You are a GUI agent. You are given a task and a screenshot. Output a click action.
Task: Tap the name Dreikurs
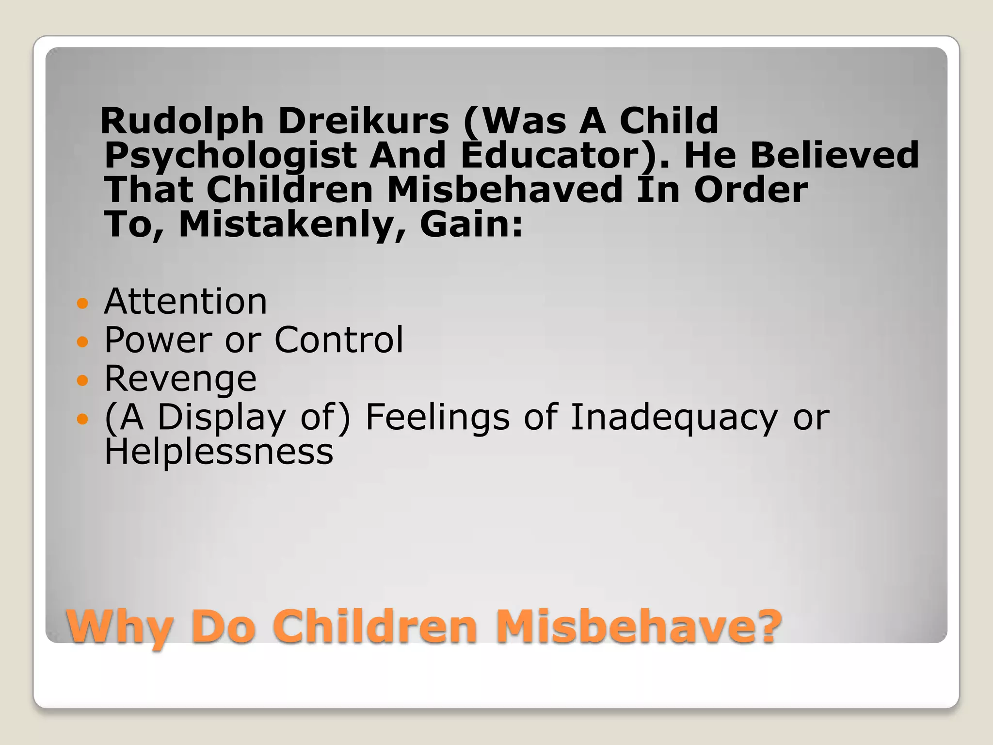364,121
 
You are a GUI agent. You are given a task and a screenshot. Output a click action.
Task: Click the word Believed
834,155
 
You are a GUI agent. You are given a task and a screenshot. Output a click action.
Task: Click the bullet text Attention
186,302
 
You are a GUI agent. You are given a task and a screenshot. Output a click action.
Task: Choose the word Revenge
180,379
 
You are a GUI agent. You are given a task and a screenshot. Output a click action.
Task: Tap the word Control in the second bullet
338,340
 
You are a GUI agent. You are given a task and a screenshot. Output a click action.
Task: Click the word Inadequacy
674,418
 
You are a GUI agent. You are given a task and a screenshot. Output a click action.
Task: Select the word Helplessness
219,452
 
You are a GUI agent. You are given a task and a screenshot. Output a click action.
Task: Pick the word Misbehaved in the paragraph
504,190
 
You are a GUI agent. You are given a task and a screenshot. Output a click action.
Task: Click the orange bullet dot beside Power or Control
83,342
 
